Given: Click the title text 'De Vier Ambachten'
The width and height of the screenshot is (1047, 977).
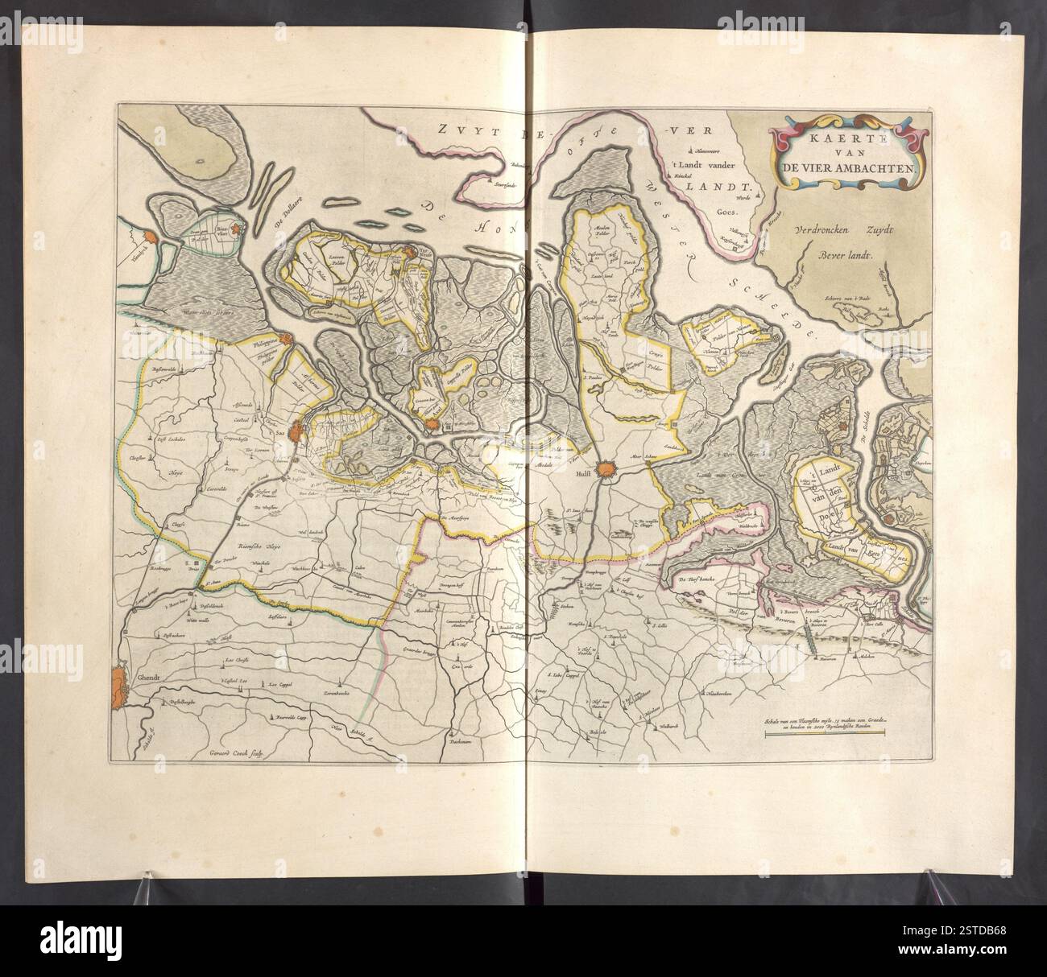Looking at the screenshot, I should (845, 168).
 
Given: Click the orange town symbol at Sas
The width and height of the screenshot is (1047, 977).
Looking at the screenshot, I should (297, 432).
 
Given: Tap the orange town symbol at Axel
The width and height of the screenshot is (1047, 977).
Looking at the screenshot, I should (434, 423).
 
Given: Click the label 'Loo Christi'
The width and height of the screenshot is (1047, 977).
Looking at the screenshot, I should (238, 658).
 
